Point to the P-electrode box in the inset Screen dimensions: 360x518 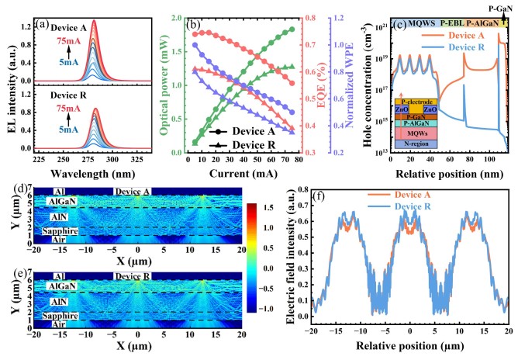415,102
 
